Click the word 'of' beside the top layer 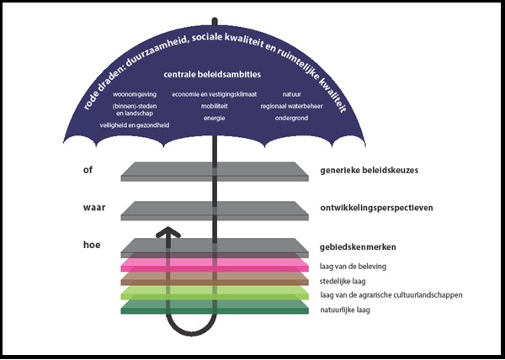coord(88,170)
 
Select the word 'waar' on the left coord(94,208)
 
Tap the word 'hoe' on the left coord(92,245)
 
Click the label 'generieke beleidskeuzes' coord(369,170)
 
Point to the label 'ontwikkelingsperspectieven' coord(376,208)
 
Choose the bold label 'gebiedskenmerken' coord(358,247)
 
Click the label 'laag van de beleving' coord(353,267)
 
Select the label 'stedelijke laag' coord(343,281)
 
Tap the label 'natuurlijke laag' coord(345,310)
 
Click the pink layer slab coord(215,265)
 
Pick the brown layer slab coord(215,279)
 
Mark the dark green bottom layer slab coord(215,307)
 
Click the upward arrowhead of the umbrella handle coord(168,232)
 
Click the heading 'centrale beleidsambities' coord(212,75)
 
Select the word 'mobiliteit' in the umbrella coord(215,106)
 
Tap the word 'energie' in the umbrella coord(214,118)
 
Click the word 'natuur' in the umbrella coord(292,94)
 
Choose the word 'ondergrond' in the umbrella coord(291,118)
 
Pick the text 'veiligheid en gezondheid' coord(135,125)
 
